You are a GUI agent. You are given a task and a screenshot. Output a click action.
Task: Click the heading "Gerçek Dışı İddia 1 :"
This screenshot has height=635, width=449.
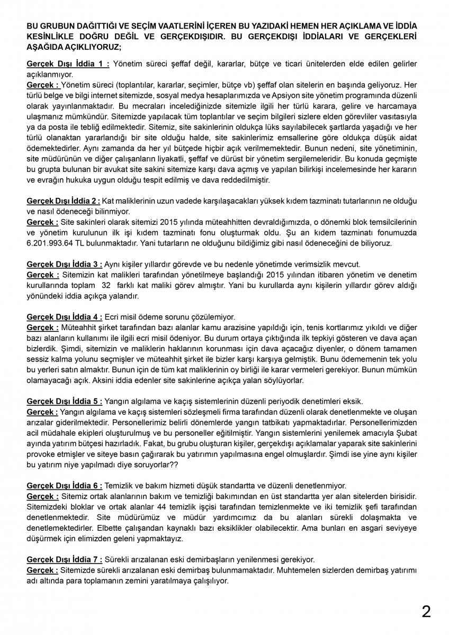pos(68,64)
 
